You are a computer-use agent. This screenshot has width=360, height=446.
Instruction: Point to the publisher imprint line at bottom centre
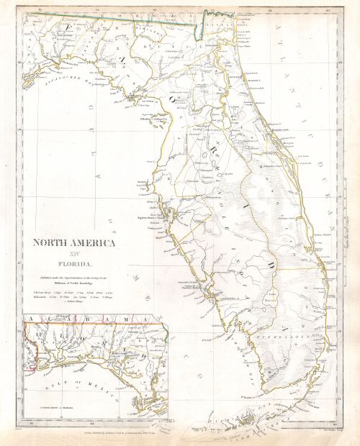pos(180,434)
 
